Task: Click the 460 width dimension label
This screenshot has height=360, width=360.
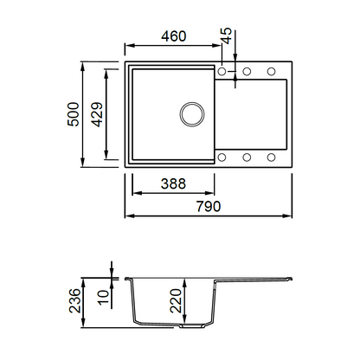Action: [174, 36]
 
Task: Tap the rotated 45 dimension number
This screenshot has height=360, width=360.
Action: [227, 35]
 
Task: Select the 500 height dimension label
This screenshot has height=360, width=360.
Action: [73, 114]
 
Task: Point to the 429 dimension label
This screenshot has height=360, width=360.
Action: [97, 114]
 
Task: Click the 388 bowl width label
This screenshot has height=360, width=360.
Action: [173, 183]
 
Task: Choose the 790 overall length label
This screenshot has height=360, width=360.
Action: [209, 206]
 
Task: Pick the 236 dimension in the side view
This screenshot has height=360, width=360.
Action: [74, 300]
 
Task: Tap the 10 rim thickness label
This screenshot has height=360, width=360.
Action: [104, 298]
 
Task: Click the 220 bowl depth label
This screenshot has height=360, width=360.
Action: [176, 301]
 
